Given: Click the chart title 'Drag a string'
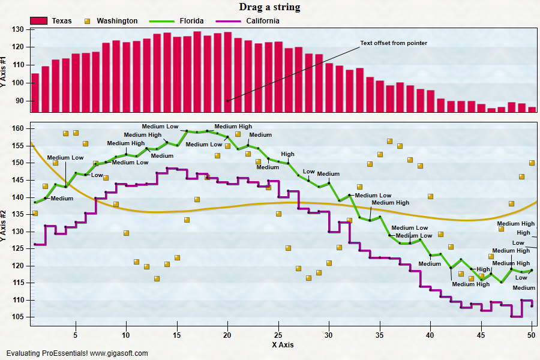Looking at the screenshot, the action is pyautogui.click(x=269, y=7).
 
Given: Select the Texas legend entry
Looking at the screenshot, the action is pyautogui.click(x=51, y=21).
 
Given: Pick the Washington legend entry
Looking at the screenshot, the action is pyautogui.click(x=111, y=21).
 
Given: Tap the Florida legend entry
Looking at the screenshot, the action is pyautogui.click(x=176, y=21).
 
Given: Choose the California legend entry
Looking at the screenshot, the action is pyautogui.click(x=248, y=21).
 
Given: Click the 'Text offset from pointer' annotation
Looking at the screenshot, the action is pyautogui.click(x=394, y=43).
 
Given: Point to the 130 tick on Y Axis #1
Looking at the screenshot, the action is pyautogui.click(x=17, y=29).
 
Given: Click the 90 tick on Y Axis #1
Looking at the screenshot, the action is pyautogui.click(x=19, y=101).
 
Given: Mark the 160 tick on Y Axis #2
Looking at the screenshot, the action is pyautogui.click(x=17, y=128).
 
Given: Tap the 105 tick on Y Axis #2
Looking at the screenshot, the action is pyautogui.click(x=17, y=317).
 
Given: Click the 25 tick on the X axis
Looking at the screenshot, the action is pyautogui.click(x=278, y=335).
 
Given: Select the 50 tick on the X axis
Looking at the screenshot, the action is pyautogui.click(x=532, y=335).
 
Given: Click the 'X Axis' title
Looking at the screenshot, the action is pyautogui.click(x=283, y=345).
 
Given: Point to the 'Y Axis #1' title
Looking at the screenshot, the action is pyautogui.click(x=3, y=71).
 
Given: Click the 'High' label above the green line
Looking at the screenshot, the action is pyautogui.click(x=287, y=154).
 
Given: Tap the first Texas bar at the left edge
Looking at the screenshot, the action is pyautogui.click(x=35, y=92).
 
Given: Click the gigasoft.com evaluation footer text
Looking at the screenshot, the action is pyautogui.click(x=77, y=353).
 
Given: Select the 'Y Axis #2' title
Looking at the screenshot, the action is pyautogui.click(x=3, y=226).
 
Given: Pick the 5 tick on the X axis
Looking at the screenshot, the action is pyautogui.click(x=76, y=335).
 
